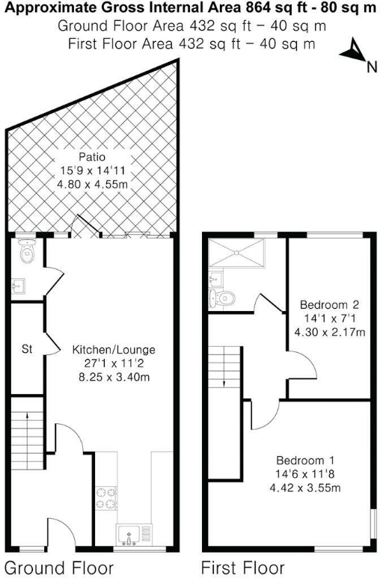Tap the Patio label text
click(x=94, y=158)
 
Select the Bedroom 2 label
click(x=329, y=305)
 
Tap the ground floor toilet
click(x=27, y=252)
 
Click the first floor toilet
click(x=227, y=298)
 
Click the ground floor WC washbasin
click(x=19, y=285)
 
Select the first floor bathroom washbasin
click(x=215, y=278)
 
